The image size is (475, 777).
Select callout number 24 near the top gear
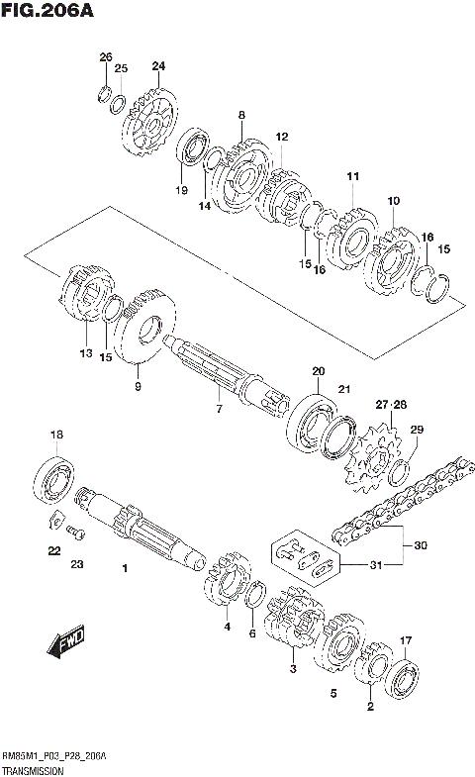point(158,66)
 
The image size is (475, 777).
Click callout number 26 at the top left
point(106,57)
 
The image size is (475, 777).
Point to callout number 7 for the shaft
point(220,407)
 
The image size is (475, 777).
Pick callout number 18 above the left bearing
point(56,435)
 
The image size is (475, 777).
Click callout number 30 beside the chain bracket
point(421,545)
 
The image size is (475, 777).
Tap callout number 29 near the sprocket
point(417,429)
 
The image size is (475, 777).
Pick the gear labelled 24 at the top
point(150,126)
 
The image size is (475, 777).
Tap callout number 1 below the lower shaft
point(126,569)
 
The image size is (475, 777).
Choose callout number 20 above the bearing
point(317,372)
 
